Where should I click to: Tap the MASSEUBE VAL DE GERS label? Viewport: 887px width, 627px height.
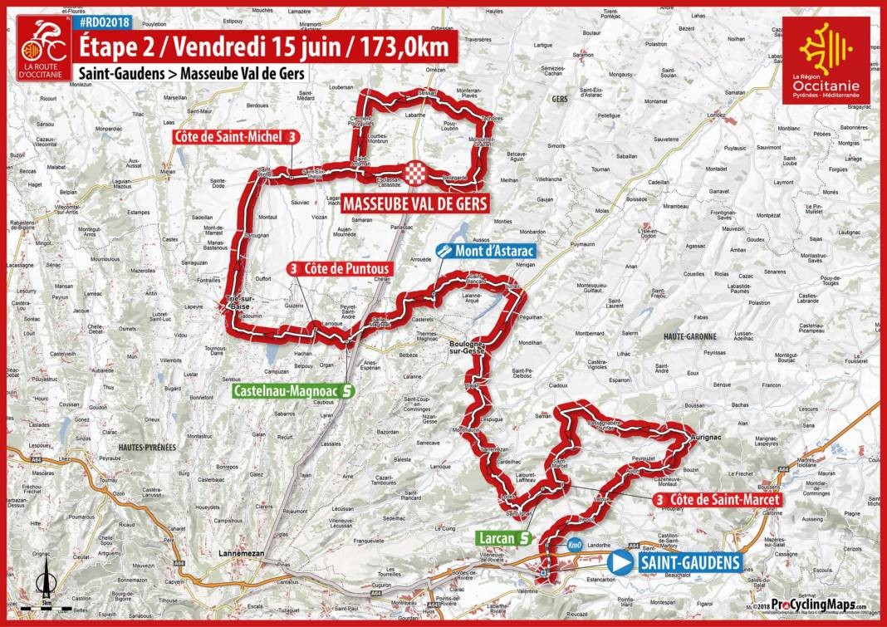point(414,203)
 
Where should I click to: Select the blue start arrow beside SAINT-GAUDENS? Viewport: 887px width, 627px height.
point(620,562)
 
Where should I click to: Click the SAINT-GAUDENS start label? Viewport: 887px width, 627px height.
point(689,562)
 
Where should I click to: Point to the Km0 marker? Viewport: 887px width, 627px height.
point(574,546)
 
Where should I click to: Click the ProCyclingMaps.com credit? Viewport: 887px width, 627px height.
point(818,605)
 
